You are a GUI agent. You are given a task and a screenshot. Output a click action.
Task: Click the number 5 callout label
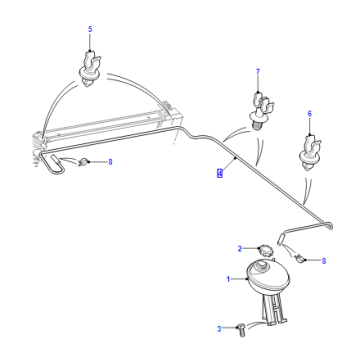pos(90,29)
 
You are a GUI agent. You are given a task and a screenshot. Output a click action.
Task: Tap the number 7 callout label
pos(258,72)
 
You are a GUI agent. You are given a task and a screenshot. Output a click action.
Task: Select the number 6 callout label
pos(310,114)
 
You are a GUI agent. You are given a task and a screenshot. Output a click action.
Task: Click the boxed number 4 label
pos(220,173)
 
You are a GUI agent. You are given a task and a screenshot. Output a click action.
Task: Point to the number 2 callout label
pos(240,249)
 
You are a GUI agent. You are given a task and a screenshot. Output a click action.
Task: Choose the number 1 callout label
pos(228,279)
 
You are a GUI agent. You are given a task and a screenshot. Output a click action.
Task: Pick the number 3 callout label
pos(219,329)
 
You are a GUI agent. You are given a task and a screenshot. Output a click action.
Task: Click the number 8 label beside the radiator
pos(110,162)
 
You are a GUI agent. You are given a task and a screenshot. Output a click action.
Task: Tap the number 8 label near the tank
pos(323,261)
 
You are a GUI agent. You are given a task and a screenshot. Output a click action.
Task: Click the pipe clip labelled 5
pos(89,69)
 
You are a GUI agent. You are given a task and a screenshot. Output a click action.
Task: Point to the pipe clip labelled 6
pos(310,153)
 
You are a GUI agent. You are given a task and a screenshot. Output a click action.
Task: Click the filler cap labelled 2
pos(264,250)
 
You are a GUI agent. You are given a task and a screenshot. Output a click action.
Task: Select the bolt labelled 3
pos(241,331)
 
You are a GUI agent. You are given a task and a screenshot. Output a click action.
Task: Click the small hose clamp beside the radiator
pos(84,162)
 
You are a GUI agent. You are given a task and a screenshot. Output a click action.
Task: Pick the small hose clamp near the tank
pos(299,258)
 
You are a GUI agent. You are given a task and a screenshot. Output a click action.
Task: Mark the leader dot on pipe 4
pos(235,158)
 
